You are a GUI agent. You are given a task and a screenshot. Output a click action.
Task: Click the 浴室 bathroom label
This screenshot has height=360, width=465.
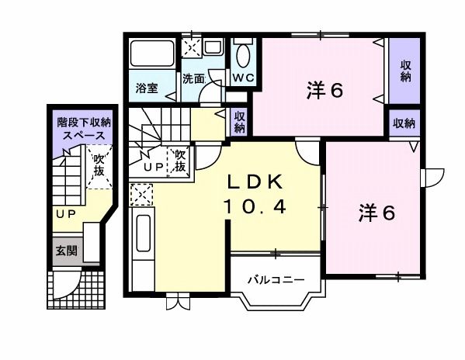coord(147,87)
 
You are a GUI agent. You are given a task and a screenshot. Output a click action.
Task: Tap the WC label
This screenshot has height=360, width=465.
coord(241,78)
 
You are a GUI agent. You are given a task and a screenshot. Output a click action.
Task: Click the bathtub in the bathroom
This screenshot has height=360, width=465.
coord(152,54)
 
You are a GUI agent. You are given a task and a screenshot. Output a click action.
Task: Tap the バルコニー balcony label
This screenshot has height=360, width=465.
coord(270,280)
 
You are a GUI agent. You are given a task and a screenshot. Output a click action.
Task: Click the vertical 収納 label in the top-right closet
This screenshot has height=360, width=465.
coord(405,71)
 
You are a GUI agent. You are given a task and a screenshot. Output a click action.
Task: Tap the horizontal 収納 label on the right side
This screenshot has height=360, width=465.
coord(404,123)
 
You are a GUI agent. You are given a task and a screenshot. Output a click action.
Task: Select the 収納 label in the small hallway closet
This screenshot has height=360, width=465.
coord(240,121)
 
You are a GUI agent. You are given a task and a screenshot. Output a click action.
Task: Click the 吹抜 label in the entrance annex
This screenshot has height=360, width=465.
coord(100,166)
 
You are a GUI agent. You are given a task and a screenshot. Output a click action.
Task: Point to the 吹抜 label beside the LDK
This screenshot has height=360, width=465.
coord(179,161)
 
